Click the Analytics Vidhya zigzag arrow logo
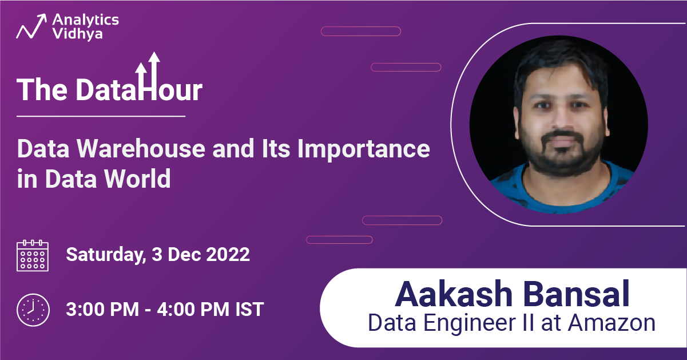[31, 26]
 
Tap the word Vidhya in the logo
[77, 33]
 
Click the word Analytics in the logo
[85, 20]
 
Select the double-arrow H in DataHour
[148, 76]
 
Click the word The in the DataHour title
[42, 90]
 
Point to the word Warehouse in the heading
[141, 149]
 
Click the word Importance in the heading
[363, 150]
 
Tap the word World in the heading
[137, 178]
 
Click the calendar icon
[33, 256]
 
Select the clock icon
[33, 310]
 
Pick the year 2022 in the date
[228, 255]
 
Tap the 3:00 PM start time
[102, 309]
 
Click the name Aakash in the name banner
[454, 294]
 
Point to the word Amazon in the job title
[611, 323]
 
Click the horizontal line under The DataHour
[101, 116]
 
